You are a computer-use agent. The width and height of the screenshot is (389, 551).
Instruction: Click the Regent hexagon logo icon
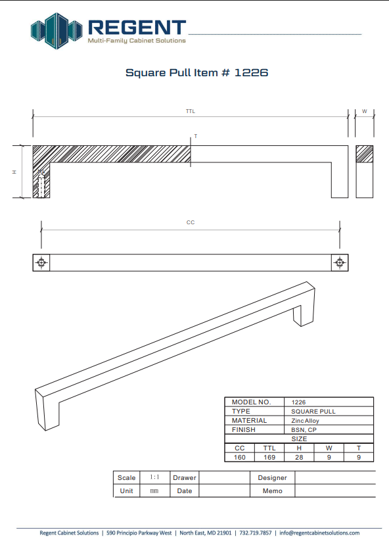57,30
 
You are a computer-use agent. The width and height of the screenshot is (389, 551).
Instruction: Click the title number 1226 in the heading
252,73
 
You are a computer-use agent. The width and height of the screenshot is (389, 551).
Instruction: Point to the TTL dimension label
191,111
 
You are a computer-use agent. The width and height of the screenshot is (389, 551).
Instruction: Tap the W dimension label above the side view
365,111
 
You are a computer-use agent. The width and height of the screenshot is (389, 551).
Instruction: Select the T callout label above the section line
196,136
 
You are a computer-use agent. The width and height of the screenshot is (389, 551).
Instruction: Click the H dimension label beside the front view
14,172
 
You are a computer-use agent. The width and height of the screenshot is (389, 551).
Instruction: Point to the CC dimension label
191,222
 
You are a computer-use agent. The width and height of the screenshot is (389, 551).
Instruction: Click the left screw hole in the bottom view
41,262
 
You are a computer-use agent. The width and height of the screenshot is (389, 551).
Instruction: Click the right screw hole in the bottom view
340,262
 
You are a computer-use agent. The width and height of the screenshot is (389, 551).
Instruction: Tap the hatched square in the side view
365,154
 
